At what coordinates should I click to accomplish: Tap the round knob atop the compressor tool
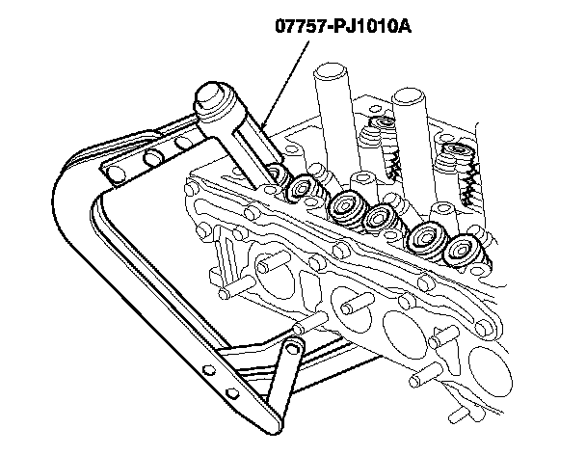coord(215,97)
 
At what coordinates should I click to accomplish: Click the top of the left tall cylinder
coord(330,72)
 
